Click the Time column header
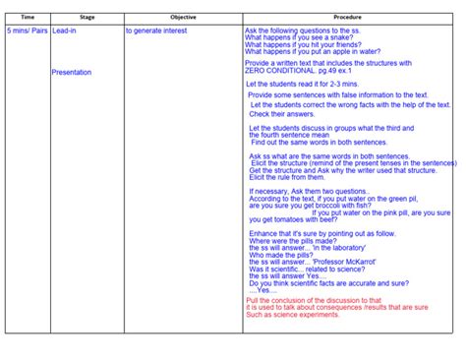28,18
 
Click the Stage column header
87,18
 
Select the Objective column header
183,18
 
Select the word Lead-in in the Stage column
66,31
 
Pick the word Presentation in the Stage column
72,73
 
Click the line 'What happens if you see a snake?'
296,39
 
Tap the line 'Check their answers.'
281,114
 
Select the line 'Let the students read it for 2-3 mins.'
307,85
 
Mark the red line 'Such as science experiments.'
293,315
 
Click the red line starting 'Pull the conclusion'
313,300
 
